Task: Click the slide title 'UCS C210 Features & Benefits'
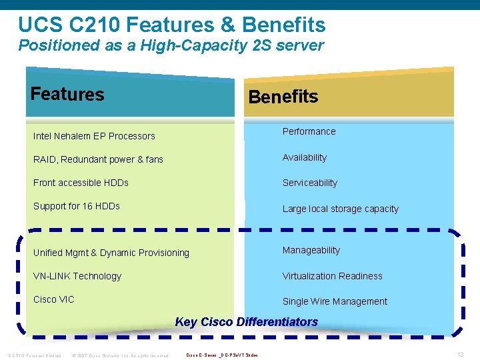pos(172,25)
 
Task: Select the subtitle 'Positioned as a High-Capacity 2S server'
pos(171,46)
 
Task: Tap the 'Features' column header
pos(67,94)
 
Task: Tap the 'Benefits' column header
pos(283,97)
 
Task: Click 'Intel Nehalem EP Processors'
pos(94,136)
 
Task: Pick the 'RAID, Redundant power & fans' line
pos(98,159)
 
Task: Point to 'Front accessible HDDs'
pos(81,183)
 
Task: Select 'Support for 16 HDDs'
pos(77,206)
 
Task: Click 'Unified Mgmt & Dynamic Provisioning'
pos(111,253)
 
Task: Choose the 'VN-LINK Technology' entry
pos(77,276)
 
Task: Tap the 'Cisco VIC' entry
pos(54,299)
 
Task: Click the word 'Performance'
pos(309,131)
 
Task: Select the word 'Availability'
pos(305,157)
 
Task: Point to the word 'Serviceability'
pos(310,183)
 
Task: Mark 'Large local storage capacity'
pos(340,209)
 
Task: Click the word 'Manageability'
pos(311,250)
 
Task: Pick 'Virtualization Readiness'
pos(333,276)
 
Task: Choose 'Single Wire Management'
pos(335,301)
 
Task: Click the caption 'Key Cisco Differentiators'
pos(246,322)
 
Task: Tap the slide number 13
pos(460,355)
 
